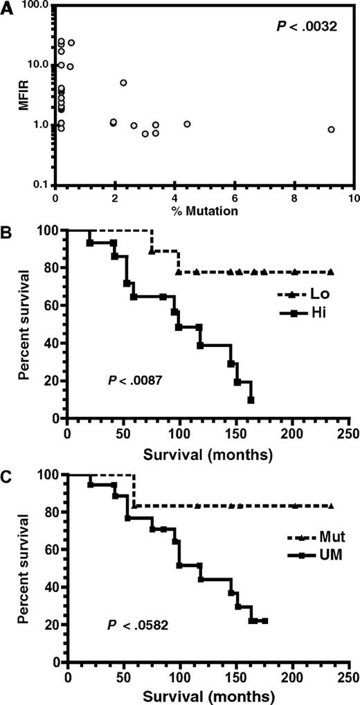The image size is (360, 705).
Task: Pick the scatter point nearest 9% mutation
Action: click(x=331, y=130)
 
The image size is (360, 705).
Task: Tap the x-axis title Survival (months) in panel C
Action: click(x=208, y=693)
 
